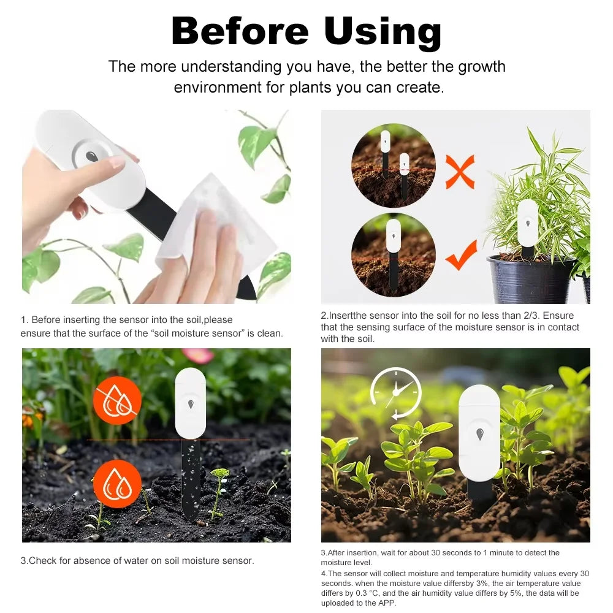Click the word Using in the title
tap(383, 32)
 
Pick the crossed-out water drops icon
tap(117, 400)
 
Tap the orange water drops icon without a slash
tap(117, 484)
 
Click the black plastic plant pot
tap(531, 279)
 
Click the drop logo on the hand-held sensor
tap(91, 156)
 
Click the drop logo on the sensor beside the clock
tap(479, 434)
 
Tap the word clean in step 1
tap(270, 333)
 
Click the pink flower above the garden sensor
tap(197, 356)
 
